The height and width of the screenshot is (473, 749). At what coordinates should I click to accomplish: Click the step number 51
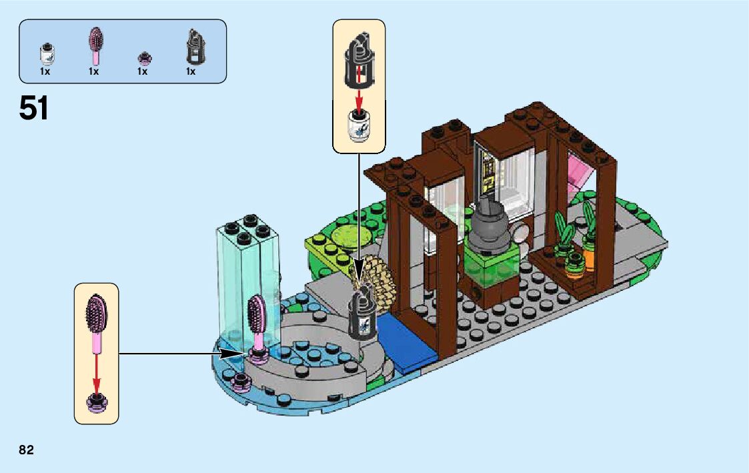[34, 108]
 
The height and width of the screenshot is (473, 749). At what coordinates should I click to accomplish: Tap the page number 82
[26, 450]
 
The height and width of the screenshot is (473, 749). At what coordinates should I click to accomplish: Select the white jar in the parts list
[47, 54]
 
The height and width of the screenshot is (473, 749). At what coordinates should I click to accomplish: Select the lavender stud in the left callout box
[97, 402]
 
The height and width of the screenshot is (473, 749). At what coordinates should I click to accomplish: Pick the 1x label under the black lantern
[191, 71]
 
